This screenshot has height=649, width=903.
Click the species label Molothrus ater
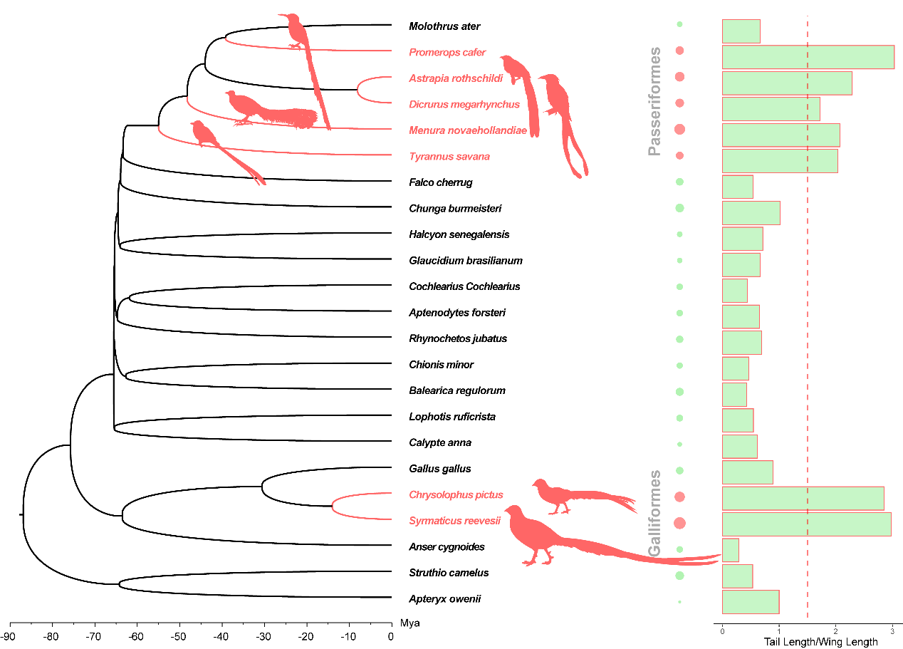coord(444,26)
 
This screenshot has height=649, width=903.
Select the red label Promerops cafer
coord(447,52)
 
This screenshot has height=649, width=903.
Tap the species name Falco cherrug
coord(441,182)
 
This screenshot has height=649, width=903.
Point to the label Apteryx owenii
coord(444,599)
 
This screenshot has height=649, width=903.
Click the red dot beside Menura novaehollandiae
coord(679,129)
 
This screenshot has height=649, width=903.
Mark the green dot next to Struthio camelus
coord(679,575)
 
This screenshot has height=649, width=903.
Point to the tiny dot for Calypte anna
coord(679,444)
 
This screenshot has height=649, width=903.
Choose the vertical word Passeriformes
coord(654,101)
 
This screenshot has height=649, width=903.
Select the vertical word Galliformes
coord(654,513)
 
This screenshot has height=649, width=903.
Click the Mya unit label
coord(410,623)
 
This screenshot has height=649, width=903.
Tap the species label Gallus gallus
coord(439,469)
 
